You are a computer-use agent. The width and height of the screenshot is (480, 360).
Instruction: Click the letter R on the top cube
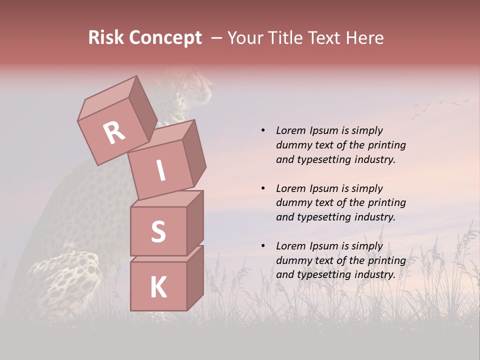coord(114,132)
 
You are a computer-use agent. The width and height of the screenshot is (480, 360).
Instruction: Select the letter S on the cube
coord(158,232)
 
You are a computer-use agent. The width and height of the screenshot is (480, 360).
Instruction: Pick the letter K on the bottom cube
coord(158,287)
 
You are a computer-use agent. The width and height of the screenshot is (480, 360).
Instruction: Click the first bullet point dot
coord(263,130)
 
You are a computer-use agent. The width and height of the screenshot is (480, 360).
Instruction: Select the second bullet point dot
coord(263,188)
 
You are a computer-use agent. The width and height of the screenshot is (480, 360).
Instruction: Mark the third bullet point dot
coord(263,246)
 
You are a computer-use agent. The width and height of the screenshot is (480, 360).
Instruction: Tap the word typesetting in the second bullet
coord(323,217)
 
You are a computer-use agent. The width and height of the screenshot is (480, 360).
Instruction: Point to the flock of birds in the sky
coord(440,106)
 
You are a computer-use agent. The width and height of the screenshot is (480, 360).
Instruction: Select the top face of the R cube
coord(107,97)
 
